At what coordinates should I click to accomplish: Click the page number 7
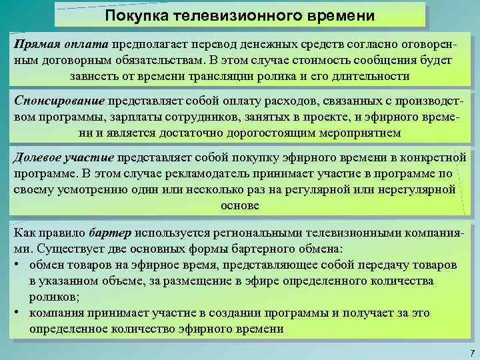pyautogui.click(x=472, y=352)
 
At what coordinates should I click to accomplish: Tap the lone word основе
pyautogui.click(x=239, y=206)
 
